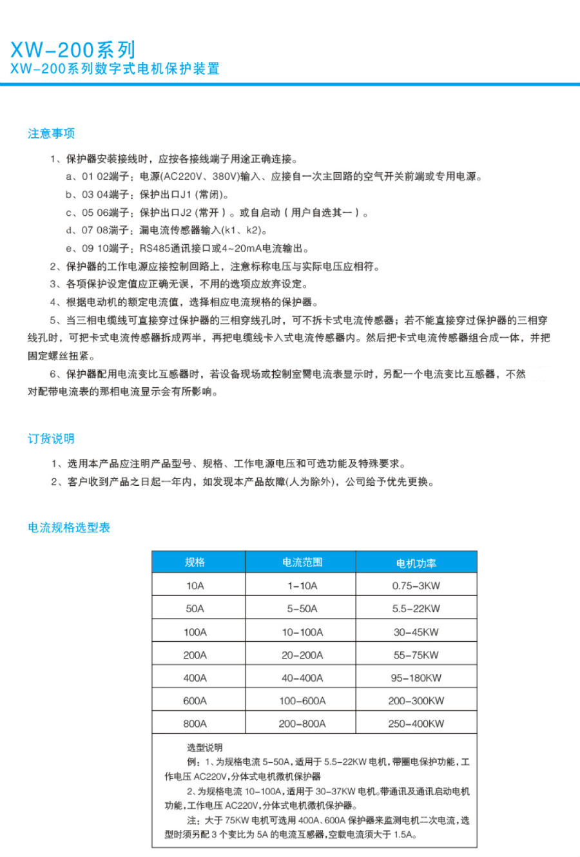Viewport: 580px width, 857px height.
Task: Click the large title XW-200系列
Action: (x=73, y=50)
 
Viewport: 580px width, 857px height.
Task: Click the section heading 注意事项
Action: (x=51, y=133)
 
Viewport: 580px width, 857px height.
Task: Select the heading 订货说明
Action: (x=51, y=439)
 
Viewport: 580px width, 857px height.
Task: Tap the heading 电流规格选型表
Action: (x=69, y=528)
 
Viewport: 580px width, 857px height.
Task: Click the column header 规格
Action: (x=195, y=563)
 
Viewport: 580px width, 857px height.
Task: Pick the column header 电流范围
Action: (x=302, y=563)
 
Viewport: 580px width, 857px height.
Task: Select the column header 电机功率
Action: (x=416, y=563)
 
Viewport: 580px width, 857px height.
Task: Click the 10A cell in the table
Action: (x=195, y=586)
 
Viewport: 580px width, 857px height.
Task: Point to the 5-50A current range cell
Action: (x=302, y=609)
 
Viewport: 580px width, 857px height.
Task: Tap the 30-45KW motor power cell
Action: (x=416, y=632)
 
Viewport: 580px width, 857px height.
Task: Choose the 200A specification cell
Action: (x=195, y=655)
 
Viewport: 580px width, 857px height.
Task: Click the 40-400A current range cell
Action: (x=302, y=678)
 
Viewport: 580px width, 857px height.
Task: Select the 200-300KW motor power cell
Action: (x=416, y=701)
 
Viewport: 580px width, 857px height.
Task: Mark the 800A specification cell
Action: (x=195, y=724)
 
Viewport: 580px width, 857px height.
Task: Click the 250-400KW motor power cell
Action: (x=416, y=724)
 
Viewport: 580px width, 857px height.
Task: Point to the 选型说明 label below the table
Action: (x=204, y=747)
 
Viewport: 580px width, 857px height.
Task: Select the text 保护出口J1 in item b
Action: (x=166, y=195)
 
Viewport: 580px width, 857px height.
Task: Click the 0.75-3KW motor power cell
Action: (x=416, y=586)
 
